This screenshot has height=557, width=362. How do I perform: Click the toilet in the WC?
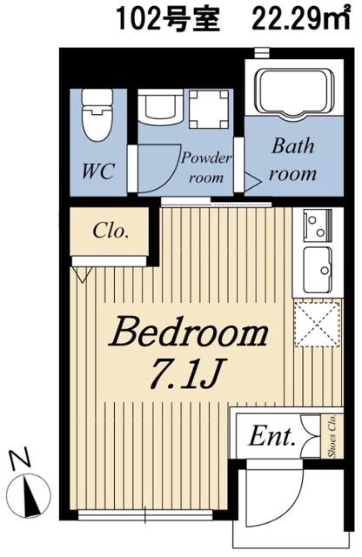coord(97,113)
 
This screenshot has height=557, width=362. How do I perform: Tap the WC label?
coord(98,171)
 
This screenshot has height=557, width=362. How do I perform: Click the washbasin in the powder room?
coord(160,106)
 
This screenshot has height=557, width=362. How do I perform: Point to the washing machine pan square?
coord(208,109)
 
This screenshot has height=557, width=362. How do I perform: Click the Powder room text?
coord(205,167)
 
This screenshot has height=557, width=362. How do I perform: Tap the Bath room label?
coord(292,160)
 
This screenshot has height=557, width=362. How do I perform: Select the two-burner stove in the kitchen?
coord(318,225)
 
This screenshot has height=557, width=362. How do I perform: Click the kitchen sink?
coord(318,269)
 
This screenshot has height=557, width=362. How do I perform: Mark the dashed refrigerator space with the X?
coord(318,323)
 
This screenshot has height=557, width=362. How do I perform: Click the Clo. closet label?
coord(111,231)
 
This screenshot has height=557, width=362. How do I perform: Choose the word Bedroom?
coord(189,332)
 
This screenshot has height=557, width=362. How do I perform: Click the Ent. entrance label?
coord(271,436)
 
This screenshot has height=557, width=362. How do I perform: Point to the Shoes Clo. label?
coord(332,436)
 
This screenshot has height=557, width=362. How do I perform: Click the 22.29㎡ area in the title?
coord(300,19)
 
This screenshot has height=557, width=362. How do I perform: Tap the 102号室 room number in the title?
coord(167,19)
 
